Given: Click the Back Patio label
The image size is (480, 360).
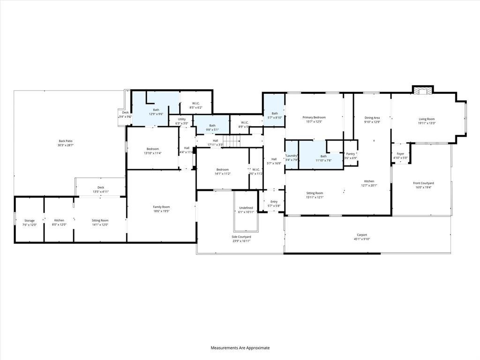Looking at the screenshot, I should [66, 141].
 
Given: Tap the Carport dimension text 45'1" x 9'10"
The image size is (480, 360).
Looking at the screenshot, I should [361, 239].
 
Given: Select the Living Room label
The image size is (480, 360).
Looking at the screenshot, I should [427, 119].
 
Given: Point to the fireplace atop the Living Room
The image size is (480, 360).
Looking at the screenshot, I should [423, 90].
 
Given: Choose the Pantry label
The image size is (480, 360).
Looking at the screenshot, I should [351, 154].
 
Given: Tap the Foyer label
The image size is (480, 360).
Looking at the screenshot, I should [400, 154].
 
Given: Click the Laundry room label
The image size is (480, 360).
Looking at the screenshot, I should [292, 156].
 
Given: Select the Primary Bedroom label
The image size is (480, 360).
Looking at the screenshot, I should [314, 117].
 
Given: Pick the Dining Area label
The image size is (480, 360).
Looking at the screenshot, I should [372, 117].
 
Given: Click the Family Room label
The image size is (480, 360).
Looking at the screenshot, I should [161, 207].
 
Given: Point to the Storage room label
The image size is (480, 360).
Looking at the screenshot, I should [30, 220].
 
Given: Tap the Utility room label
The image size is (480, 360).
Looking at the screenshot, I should [181, 119].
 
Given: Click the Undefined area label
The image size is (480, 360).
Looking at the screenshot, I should [246, 208].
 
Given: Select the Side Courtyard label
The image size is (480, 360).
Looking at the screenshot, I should [241, 237].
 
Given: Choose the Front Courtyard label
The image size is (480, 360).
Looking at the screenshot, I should [423, 183].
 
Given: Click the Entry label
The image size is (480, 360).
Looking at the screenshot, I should [274, 202].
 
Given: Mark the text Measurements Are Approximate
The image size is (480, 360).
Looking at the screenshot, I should [240, 348].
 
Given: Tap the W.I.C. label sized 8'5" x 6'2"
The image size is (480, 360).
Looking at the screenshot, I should [196, 104].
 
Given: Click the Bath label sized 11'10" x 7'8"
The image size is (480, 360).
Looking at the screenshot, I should [323, 156].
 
